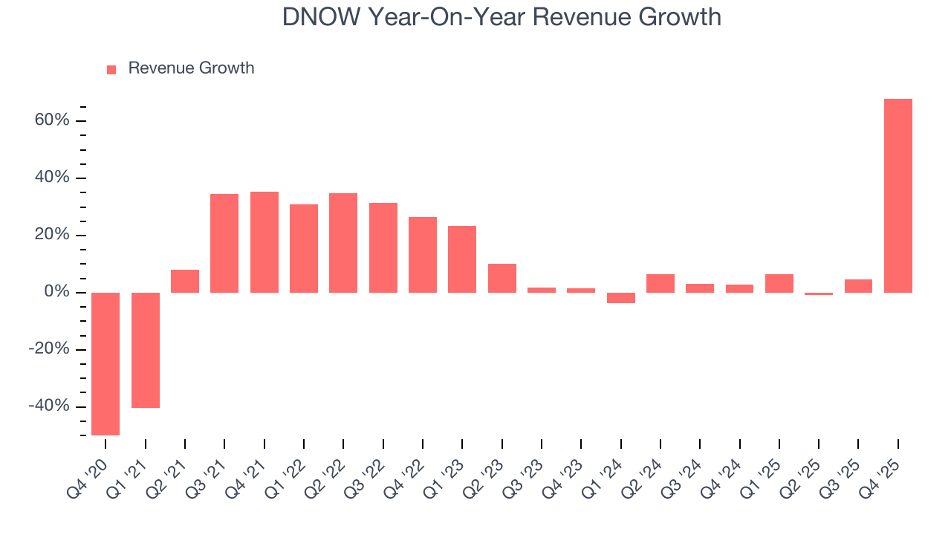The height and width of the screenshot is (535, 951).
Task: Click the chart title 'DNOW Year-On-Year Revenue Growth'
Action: click(x=502, y=17)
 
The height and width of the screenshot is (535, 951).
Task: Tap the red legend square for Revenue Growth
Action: click(x=111, y=69)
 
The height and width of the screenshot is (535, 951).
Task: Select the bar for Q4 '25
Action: click(x=898, y=195)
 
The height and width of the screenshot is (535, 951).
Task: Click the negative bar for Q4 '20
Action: click(x=106, y=363)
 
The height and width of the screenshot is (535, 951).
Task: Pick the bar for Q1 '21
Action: click(x=146, y=350)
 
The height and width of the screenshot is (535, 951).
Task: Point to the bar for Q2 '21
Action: click(x=185, y=281)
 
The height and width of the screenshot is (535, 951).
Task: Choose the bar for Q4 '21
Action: click(x=264, y=242)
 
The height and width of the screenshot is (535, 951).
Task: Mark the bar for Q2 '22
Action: click(x=343, y=243)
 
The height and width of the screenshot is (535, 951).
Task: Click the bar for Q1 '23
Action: click(x=462, y=259)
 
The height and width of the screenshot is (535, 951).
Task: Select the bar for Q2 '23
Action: click(x=502, y=278)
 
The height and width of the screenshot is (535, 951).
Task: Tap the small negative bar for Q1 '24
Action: click(x=621, y=298)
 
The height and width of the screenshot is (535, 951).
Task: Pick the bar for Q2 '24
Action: click(x=660, y=283)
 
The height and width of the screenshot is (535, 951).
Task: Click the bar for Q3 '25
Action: click(x=858, y=286)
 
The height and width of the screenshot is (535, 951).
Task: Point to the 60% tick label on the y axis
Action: click(x=52, y=120)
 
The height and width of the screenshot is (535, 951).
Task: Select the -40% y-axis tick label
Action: click(x=49, y=406)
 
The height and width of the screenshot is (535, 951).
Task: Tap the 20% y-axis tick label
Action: click(x=52, y=235)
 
